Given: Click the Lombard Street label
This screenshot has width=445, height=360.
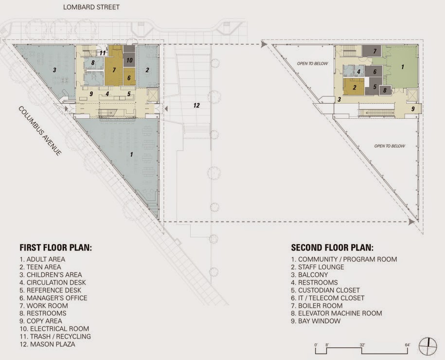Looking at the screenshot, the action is click(91, 7).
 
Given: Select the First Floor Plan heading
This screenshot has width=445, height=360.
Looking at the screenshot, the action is click(55, 247).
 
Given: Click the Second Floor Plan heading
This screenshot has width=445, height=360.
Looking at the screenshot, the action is click(332, 247).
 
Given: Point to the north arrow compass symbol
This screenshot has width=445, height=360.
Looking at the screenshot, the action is click(428, 346).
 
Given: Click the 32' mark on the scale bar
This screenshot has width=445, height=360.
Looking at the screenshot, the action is click(362, 345).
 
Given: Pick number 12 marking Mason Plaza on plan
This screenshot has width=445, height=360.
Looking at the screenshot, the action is click(196, 106).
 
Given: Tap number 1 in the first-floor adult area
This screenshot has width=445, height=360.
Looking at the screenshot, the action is click(131, 154).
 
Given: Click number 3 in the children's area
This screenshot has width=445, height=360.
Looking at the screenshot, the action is click(54, 70).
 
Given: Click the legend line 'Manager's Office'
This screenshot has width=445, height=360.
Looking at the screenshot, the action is click(53, 298).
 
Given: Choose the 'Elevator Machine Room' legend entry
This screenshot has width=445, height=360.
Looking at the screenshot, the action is click(337, 313).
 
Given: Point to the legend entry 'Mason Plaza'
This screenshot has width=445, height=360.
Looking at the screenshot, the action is click(47, 344).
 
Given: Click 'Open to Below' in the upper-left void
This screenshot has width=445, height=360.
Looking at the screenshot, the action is click(312, 63).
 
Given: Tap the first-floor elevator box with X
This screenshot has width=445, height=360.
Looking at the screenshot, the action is click(153, 95).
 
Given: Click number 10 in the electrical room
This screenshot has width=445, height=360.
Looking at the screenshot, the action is click(129, 60).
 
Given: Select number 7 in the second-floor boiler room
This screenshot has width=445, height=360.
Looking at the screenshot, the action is click(375, 52).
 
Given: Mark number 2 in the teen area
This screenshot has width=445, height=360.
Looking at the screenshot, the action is click(147, 70).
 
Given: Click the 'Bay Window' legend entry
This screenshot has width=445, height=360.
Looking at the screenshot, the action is click(316, 321).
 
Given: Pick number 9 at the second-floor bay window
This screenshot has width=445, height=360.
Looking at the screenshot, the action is click(413, 109).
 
